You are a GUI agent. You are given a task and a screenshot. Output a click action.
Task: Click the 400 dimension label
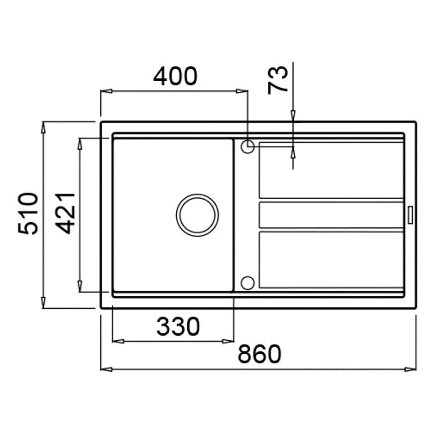point(175,76)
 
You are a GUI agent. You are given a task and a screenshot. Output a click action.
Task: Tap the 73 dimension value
point(278,80)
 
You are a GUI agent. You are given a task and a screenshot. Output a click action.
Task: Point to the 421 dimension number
point(65,213)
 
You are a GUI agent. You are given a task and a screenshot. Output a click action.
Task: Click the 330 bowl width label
point(178,326)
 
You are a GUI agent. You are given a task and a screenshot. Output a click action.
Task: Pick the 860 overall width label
point(259,354)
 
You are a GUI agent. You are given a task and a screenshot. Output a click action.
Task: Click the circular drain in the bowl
point(197,215)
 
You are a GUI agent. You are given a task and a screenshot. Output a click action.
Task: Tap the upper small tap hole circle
point(248,147)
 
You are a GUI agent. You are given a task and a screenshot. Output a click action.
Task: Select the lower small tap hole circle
point(248,283)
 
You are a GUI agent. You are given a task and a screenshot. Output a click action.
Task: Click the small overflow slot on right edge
point(410,215)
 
